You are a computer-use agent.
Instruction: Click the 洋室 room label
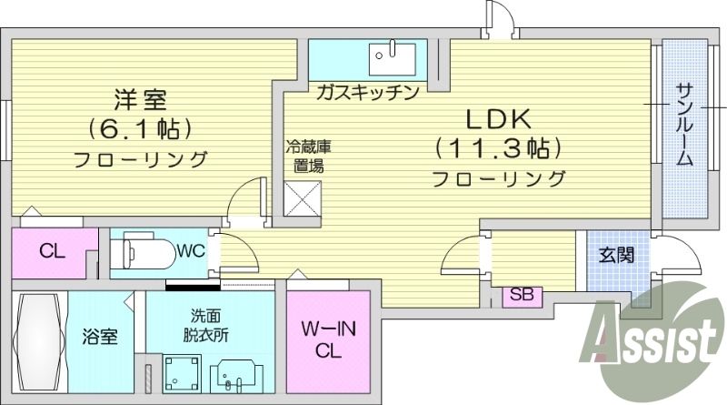click(x=141, y=96)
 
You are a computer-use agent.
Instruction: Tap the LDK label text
click(x=498, y=118)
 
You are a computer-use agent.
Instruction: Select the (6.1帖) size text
click(x=141, y=127)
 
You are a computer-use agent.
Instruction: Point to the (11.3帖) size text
click(x=498, y=147)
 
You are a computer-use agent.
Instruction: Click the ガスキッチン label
click(x=367, y=91)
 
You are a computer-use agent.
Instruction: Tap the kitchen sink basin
click(x=392, y=58)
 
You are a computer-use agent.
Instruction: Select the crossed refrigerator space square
click(x=304, y=198)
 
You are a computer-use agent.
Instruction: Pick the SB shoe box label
click(x=521, y=294)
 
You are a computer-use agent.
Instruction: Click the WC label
click(x=191, y=248)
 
